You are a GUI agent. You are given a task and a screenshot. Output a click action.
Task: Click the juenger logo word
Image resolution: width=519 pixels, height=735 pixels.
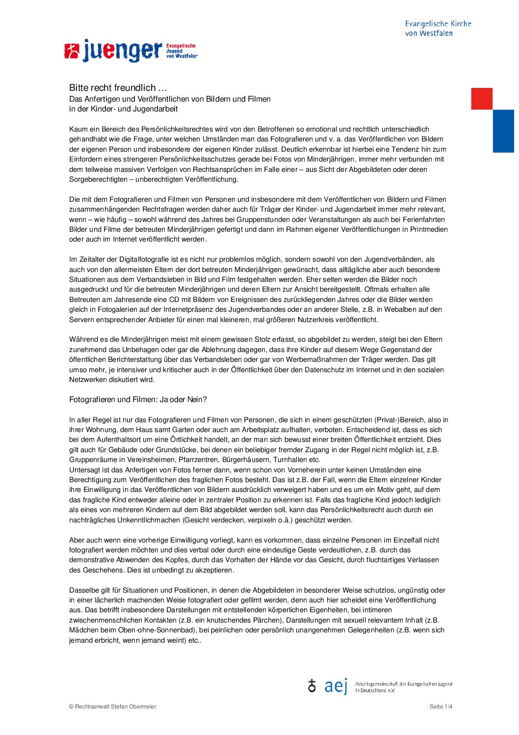[122, 51]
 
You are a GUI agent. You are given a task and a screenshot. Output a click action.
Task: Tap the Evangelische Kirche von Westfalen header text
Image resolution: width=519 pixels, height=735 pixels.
[438, 28]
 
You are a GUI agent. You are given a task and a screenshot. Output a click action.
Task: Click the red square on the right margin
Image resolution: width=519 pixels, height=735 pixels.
[481, 99]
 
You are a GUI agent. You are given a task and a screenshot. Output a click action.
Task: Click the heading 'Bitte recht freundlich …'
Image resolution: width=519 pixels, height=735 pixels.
[118, 88]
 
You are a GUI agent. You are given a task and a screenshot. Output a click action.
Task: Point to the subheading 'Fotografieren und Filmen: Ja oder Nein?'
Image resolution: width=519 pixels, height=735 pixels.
[138, 400]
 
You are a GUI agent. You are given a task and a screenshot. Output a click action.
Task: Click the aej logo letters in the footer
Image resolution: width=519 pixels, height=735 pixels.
[336, 686]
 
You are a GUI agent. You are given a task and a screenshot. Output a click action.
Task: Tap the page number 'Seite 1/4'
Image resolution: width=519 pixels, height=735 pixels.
[441, 707]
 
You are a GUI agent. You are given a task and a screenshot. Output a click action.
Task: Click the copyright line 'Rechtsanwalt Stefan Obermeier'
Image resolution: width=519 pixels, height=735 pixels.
[115, 707]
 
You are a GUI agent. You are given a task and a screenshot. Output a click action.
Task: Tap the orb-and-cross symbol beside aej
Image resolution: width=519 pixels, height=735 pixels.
[312, 686]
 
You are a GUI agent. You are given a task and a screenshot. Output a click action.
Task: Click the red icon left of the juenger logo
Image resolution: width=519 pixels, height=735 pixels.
[72, 51]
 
